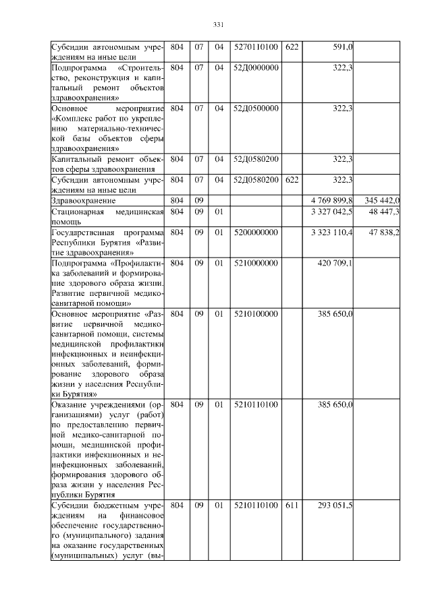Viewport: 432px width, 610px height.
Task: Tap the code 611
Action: coord(292,505)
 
